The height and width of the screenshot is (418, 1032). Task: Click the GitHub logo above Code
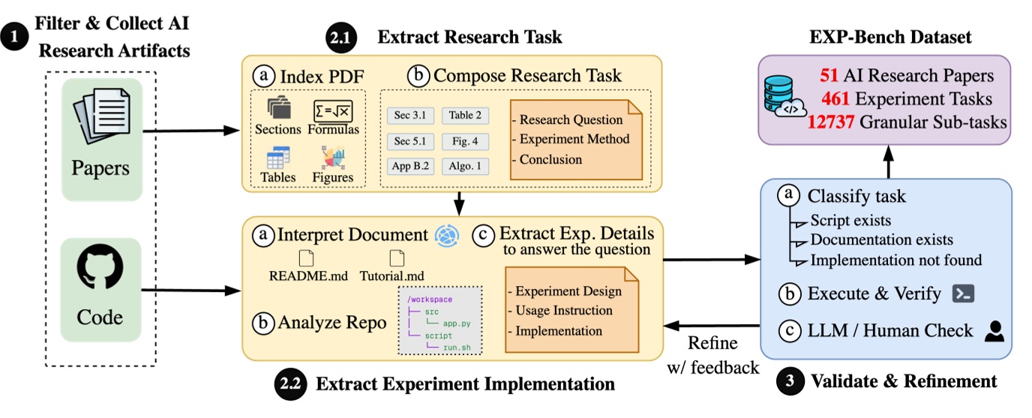(100, 269)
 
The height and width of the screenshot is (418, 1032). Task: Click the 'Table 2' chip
(466, 115)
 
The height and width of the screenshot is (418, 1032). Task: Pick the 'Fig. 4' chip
(466, 140)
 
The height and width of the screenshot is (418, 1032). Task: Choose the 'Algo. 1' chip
(466, 166)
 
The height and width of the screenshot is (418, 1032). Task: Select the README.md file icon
(307, 257)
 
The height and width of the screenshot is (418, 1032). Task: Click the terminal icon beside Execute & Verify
(962, 293)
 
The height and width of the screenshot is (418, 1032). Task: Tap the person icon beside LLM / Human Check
(994, 331)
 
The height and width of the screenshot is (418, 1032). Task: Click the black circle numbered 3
(788, 380)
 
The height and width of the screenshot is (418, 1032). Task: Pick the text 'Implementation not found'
(895, 260)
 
